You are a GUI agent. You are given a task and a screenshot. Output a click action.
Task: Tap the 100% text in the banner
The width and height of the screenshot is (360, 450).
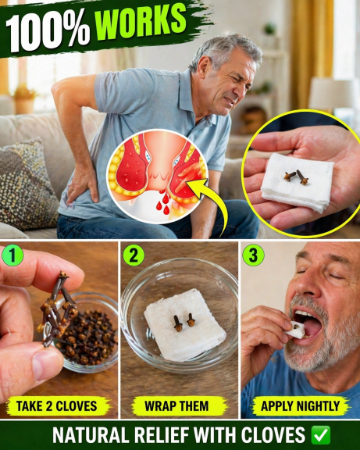(x=48, y=31)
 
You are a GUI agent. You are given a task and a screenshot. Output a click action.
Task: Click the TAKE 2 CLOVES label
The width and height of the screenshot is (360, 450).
(x=57, y=406)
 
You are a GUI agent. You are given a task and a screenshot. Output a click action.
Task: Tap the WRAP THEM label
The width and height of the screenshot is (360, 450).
(x=176, y=406)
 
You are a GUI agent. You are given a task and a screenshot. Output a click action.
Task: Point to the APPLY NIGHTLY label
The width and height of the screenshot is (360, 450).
(x=300, y=406)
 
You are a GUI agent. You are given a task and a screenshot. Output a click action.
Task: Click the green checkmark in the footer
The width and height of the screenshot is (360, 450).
(x=321, y=435)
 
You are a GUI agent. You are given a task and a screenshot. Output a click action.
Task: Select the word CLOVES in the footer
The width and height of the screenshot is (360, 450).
(x=273, y=435)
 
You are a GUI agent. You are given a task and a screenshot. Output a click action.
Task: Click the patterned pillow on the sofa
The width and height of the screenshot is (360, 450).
(x=27, y=184)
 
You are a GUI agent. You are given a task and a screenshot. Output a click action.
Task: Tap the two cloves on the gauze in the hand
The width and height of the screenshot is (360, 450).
(x=296, y=177)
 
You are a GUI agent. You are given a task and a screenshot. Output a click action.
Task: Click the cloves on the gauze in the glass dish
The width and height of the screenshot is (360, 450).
(x=183, y=323)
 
